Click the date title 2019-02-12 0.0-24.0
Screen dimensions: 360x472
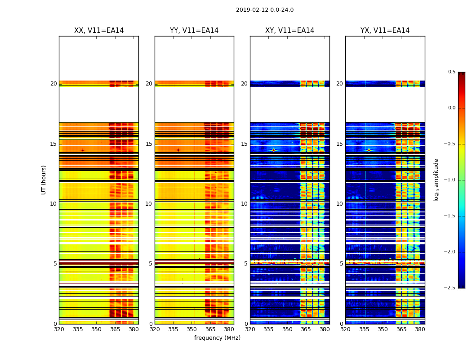tap(265, 10)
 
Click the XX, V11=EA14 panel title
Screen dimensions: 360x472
tap(99, 31)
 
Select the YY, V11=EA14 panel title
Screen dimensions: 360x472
tap(194, 31)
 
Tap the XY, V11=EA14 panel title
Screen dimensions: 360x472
tap(289, 31)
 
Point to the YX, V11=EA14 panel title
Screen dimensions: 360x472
tap(385, 31)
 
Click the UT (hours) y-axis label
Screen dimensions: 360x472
tap(44, 180)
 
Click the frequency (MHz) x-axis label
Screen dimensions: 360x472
tap(217, 338)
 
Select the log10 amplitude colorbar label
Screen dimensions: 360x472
tap(436, 180)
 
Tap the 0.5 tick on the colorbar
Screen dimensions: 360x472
tap(451, 72)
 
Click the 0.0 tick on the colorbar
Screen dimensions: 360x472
tap(451, 108)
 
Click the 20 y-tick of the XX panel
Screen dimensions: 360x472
tap(53, 84)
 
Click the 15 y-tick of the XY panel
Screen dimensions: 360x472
tap(244, 144)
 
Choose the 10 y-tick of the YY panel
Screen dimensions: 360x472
tap(149, 204)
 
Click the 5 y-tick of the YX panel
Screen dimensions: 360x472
tap(341, 264)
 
